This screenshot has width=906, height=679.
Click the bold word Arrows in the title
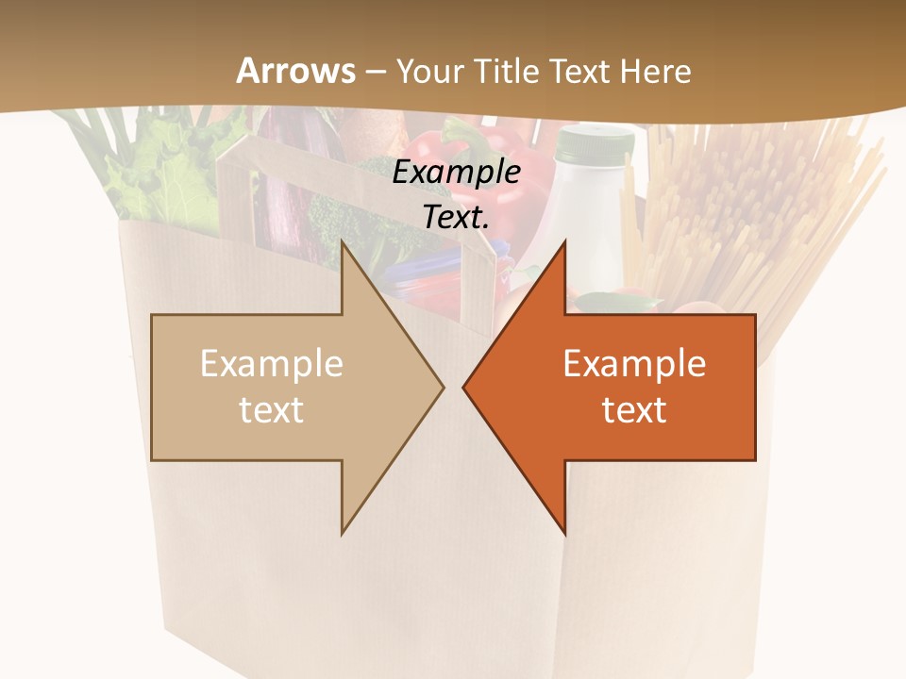coord(295,71)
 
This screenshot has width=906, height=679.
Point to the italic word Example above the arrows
coord(457,173)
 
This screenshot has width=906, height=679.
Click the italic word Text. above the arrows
coord(457,218)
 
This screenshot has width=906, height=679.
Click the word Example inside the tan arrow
coord(272,364)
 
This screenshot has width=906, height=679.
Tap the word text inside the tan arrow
coord(272,410)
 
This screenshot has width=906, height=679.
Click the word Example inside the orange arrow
coord(634,364)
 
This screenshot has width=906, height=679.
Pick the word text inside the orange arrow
coord(634,410)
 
